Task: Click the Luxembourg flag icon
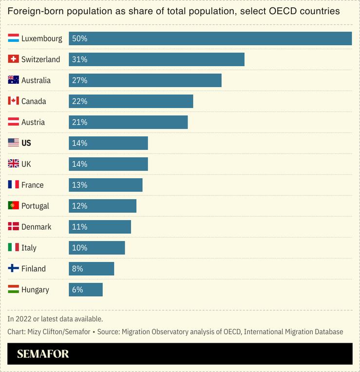point(14,38)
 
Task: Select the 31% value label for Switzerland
point(79,59)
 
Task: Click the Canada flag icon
point(14,101)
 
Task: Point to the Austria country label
point(33,122)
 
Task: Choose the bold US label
point(26,143)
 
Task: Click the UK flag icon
point(14,164)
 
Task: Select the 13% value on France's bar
point(79,185)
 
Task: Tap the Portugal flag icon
point(14,206)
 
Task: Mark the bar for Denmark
point(100,227)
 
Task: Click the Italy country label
point(29,248)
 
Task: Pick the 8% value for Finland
point(77,269)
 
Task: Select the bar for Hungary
point(86,290)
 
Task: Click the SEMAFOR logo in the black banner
point(43,354)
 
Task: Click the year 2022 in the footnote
point(23,319)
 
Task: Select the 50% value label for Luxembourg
point(79,38)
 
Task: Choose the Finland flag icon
point(14,269)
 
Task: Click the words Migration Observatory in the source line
point(152,332)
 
